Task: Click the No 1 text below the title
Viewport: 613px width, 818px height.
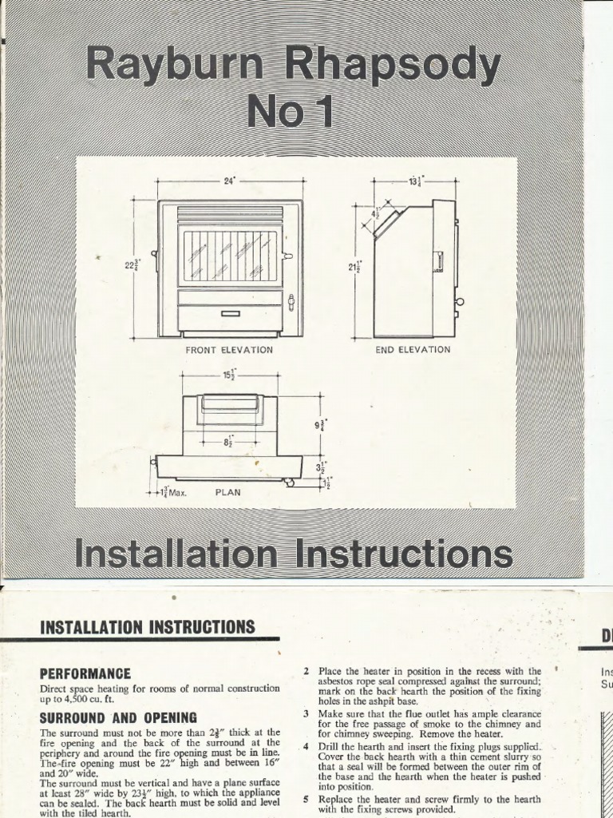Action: (289, 113)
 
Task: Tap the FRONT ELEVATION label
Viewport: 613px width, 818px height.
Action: (229, 350)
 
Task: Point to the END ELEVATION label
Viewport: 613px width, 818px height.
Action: (413, 350)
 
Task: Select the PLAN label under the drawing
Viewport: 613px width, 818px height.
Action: (227, 493)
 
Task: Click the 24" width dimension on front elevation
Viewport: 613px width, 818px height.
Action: (230, 181)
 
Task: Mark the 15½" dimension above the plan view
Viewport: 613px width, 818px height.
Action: (228, 375)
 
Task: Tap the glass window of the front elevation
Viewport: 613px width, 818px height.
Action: (230, 256)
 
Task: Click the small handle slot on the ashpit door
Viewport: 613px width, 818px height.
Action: (230, 313)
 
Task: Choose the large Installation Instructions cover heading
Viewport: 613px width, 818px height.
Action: (293, 554)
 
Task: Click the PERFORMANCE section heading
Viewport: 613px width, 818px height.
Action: (85, 673)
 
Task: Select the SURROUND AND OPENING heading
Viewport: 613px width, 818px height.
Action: (118, 717)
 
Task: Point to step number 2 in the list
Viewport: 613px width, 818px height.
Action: (306, 671)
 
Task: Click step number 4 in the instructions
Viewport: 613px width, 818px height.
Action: (306, 746)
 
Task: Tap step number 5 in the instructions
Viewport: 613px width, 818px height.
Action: (306, 799)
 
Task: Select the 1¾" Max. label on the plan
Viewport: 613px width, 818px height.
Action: (170, 493)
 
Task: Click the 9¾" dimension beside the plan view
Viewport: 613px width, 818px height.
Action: (320, 424)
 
